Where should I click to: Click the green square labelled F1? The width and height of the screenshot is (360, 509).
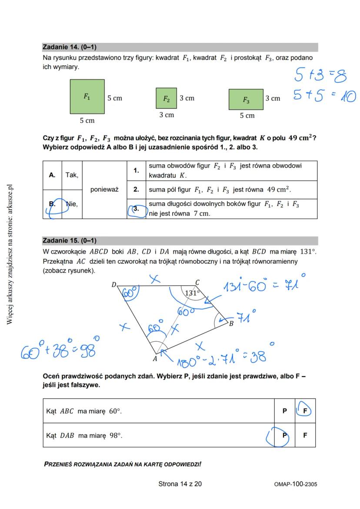tap(87, 96)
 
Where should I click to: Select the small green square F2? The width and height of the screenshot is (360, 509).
tap(166, 98)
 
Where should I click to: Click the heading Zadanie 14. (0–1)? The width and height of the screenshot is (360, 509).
tap(70, 47)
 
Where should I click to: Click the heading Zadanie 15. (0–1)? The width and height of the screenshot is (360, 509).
tap(70, 240)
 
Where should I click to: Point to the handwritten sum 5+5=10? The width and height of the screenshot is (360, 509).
tap(324, 95)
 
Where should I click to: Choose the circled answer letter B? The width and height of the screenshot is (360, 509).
tap(53, 204)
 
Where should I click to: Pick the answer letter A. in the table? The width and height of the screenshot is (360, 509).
tap(52, 175)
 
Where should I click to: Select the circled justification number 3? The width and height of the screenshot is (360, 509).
tap(136, 209)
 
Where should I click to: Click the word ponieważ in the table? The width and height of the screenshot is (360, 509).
tap(104, 190)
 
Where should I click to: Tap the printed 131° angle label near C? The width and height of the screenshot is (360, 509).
tap(192, 293)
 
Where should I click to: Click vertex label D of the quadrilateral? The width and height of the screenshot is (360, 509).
tap(113, 285)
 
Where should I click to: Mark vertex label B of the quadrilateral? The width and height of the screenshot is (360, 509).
tap(231, 323)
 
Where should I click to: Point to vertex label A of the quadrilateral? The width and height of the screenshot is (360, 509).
tap(155, 359)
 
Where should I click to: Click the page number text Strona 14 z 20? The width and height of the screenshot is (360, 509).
tap(180, 484)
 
